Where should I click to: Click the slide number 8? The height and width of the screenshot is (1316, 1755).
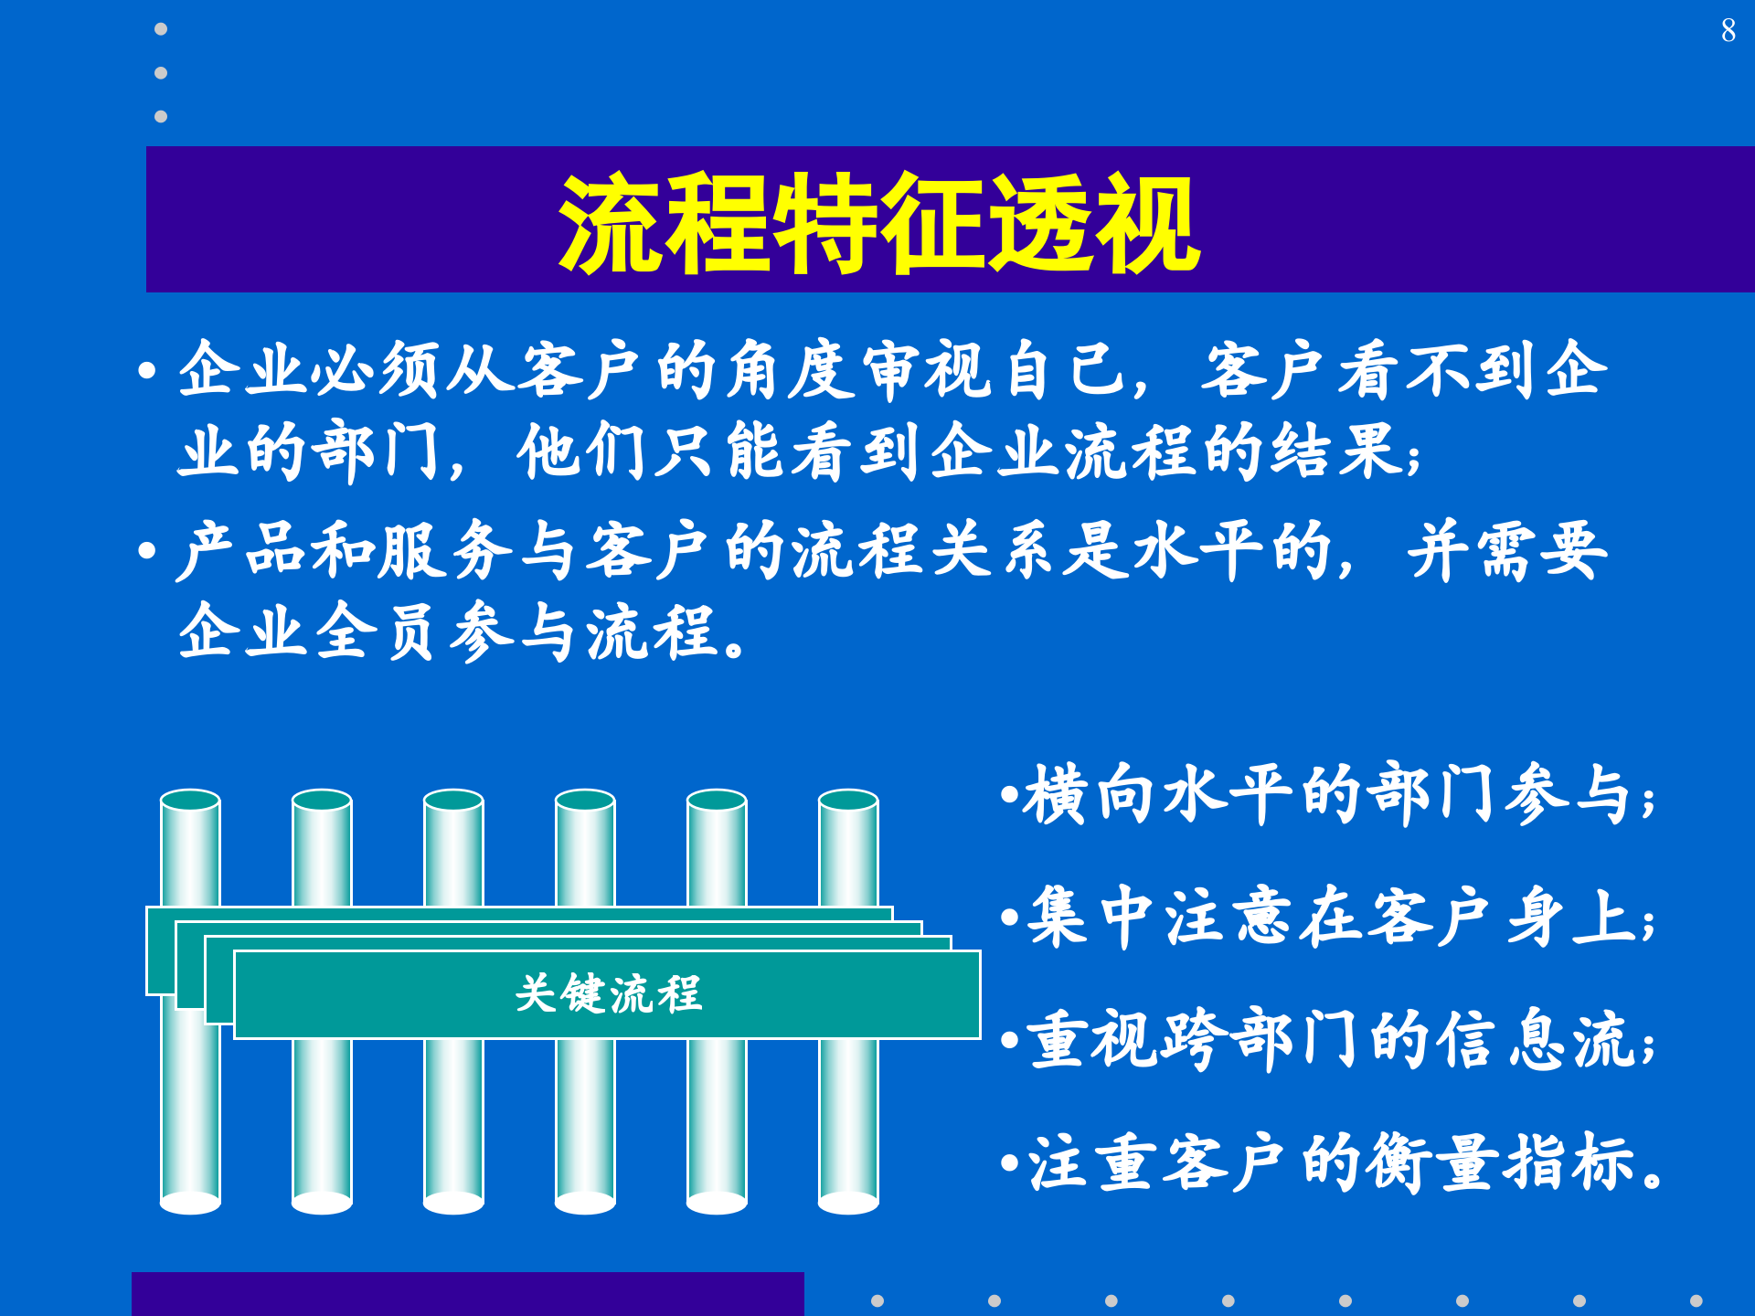(x=1728, y=31)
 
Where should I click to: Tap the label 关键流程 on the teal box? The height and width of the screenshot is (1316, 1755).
(x=608, y=994)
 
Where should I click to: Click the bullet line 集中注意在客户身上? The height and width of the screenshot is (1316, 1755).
(x=1330, y=918)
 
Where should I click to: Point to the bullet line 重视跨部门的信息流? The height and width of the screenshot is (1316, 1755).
(x=1330, y=1040)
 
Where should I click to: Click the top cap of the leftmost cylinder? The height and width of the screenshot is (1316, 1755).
(x=190, y=801)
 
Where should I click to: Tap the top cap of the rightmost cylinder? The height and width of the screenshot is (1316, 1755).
(x=848, y=801)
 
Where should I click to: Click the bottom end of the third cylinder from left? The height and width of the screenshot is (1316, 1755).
(x=453, y=1201)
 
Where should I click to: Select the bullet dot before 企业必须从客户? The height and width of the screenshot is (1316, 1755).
(x=147, y=371)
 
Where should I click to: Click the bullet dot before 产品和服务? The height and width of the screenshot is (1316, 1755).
(x=147, y=551)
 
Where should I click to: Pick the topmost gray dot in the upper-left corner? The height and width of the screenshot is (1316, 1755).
(x=161, y=29)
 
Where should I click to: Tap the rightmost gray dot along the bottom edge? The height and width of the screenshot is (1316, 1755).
(x=1696, y=1300)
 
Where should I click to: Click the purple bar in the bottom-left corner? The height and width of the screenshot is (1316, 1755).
(x=466, y=1294)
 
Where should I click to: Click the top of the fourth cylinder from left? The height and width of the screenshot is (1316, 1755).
(x=585, y=801)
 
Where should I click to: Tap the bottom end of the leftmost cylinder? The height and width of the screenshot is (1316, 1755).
(x=190, y=1201)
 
